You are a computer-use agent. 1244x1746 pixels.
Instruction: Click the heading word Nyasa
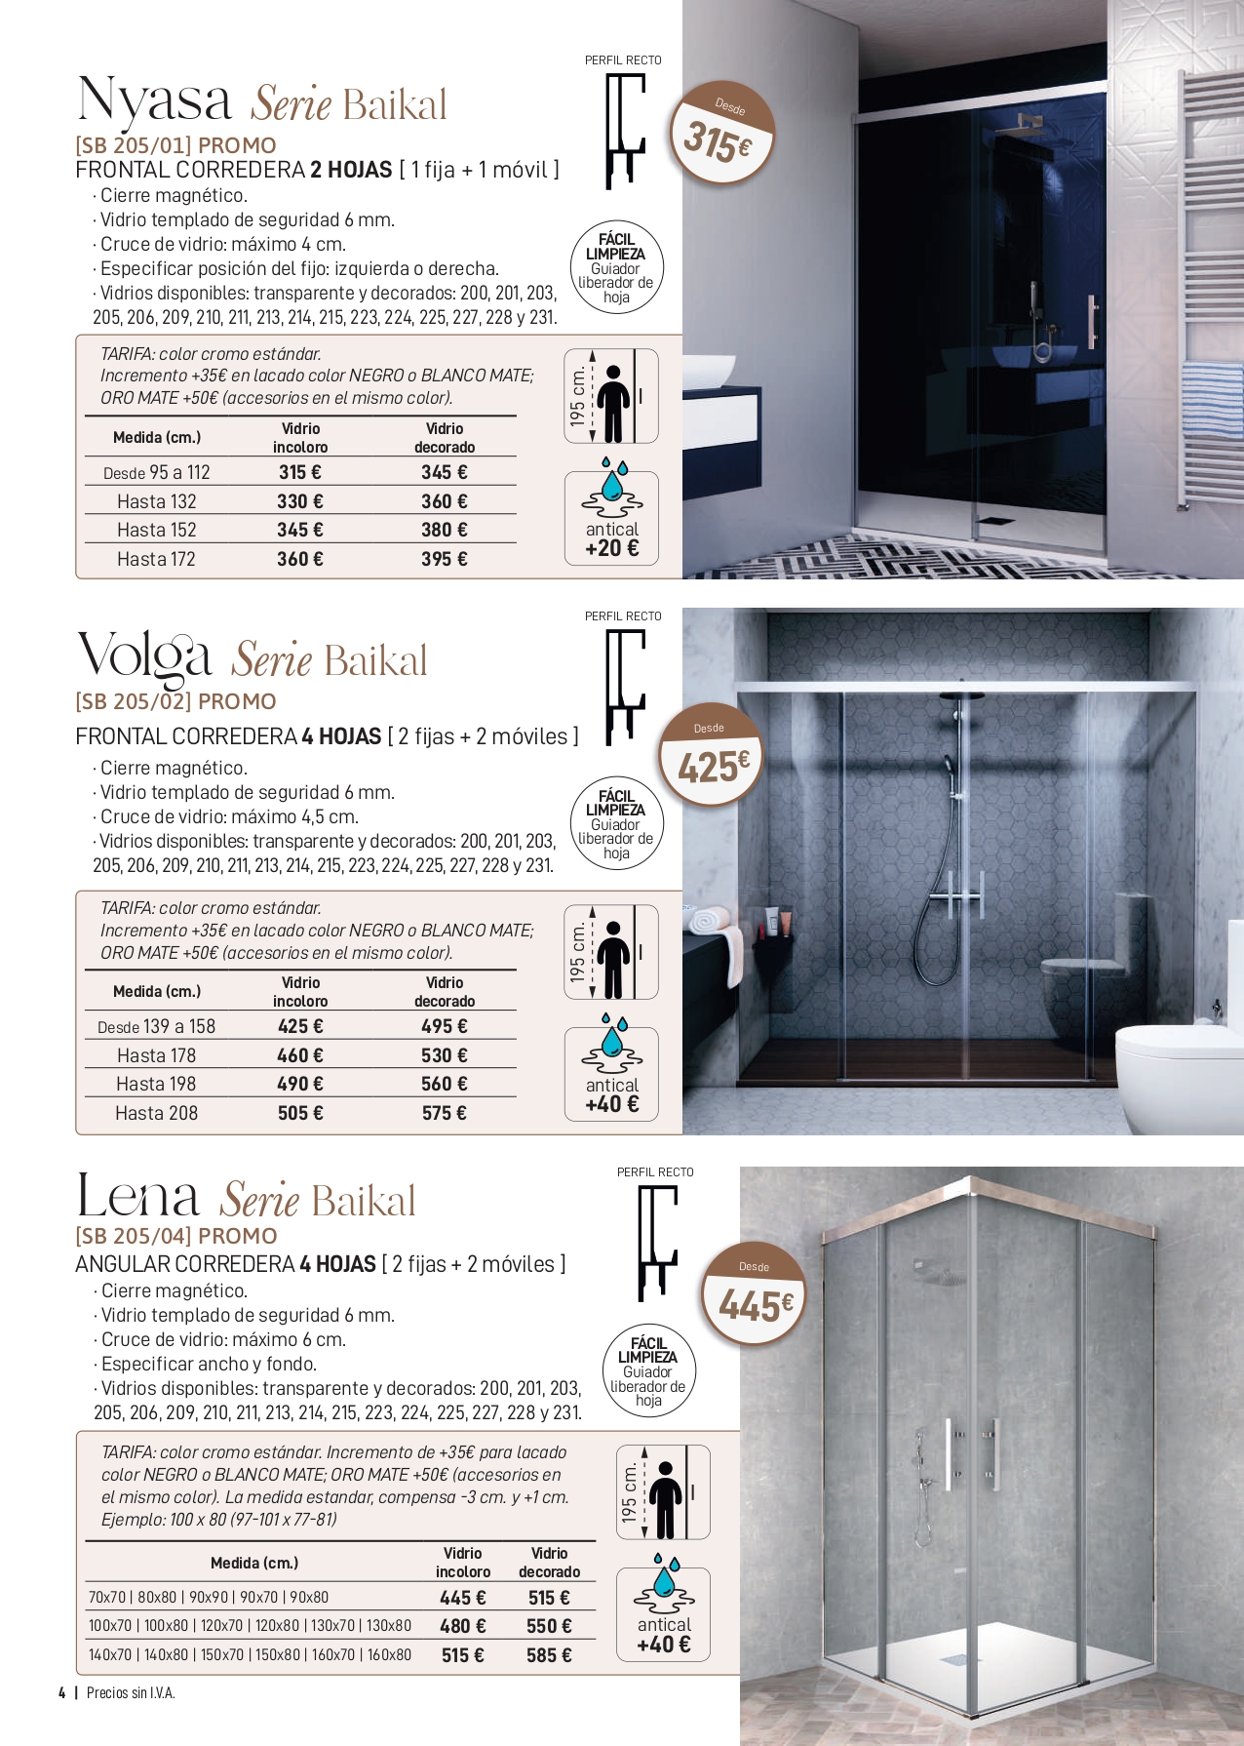pyautogui.click(x=154, y=100)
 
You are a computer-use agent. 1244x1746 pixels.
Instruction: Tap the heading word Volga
pyautogui.click(x=144, y=655)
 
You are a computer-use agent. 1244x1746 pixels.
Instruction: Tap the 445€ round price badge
pyautogui.click(x=755, y=1293)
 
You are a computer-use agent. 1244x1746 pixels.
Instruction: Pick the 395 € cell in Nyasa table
pyautogui.click(x=444, y=559)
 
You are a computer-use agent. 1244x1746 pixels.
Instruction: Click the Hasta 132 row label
pyautogui.click(x=156, y=501)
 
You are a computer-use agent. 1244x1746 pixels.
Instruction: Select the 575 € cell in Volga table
pyautogui.click(x=444, y=1113)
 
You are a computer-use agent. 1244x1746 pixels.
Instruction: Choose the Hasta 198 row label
pyautogui.click(x=156, y=1084)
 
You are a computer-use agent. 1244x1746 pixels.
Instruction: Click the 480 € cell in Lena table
pyautogui.click(x=462, y=1626)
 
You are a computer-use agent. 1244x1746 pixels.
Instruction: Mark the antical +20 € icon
pyautogui.click(x=611, y=517)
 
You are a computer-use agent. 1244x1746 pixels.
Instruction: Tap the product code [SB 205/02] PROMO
pyautogui.click(x=175, y=701)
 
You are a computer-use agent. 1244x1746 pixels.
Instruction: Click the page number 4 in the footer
pyautogui.click(x=61, y=1692)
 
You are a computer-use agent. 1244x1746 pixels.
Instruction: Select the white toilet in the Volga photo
pyautogui.click(x=1180, y=1073)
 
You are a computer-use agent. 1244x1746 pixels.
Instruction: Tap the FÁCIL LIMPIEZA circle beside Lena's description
pyautogui.click(x=647, y=1371)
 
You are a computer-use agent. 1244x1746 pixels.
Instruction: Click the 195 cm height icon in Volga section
pyautogui.click(x=611, y=952)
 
